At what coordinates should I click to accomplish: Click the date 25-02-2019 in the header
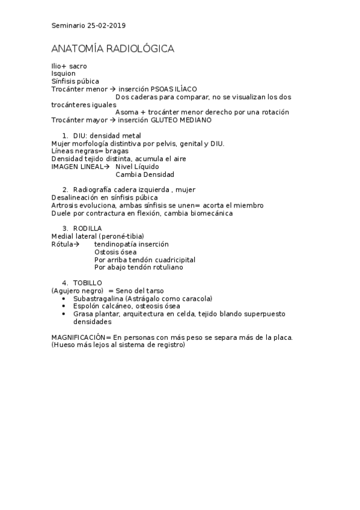tap(106, 25)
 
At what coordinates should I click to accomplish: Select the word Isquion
tap(64, 73)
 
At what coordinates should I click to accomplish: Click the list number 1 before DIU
tap(65, 136)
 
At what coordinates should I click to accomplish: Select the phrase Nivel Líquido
tap(137, 167)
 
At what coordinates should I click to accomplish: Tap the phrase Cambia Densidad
tap(145, 174)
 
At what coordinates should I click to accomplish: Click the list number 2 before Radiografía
tap(65, 190)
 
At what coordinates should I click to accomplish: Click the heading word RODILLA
tap(87, 229)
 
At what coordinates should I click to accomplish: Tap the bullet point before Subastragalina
tap(64, 299)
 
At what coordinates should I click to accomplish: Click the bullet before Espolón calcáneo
tap(64, 307)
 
